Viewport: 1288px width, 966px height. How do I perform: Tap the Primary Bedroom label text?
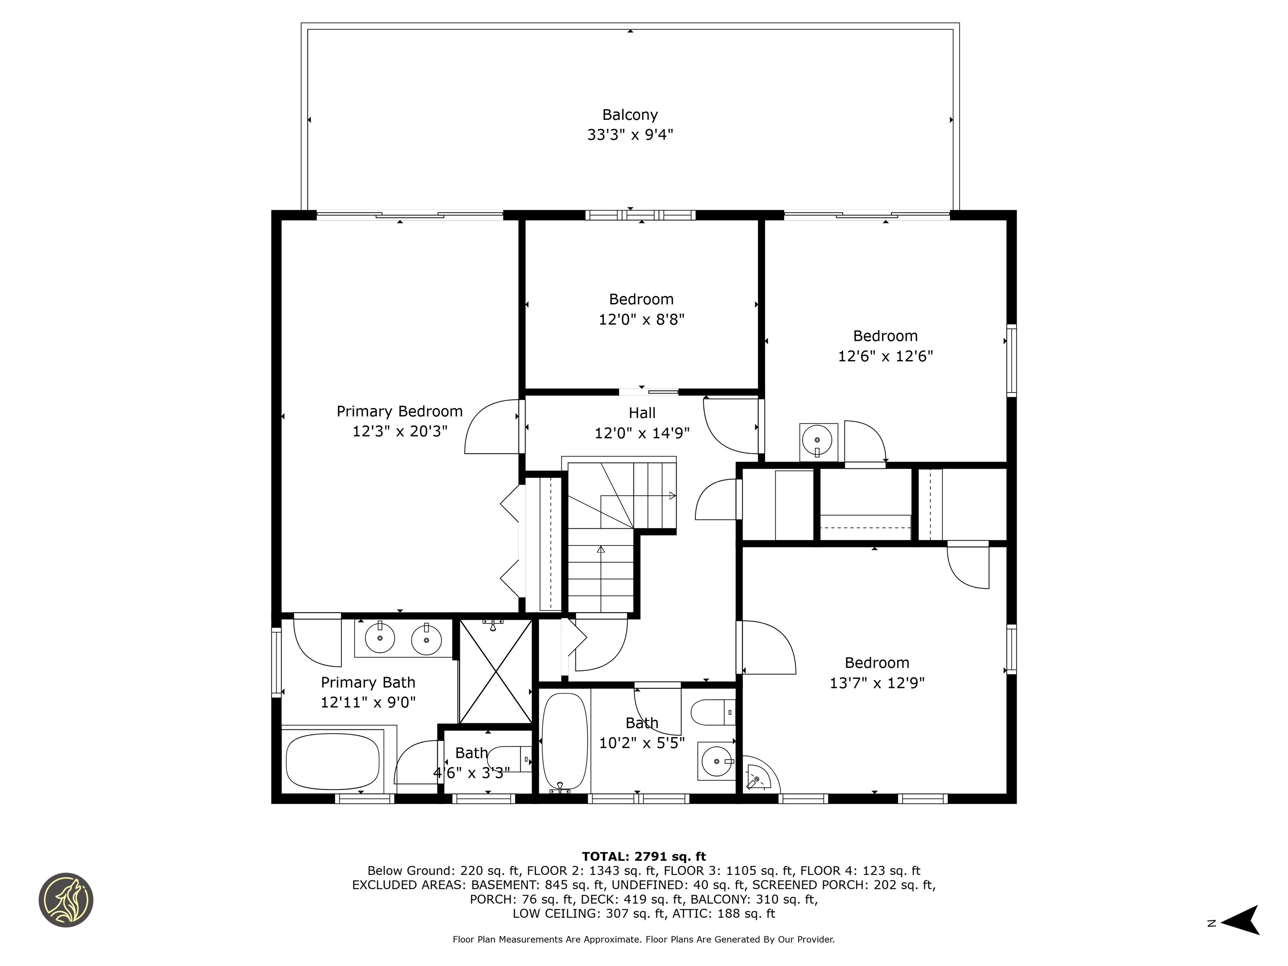click(400, 412)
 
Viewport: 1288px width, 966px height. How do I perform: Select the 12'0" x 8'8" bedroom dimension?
click(641, 319)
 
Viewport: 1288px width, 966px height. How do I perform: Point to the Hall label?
click(641, 413)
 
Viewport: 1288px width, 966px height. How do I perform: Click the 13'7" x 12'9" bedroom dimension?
click(877, 683)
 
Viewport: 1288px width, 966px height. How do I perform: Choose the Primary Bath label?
click(368, 683)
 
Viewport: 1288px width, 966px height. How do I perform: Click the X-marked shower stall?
click(496, 671)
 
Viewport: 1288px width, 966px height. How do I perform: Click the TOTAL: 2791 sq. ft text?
click(644, 857)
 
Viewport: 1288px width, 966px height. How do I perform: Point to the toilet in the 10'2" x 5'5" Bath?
click(712, 712)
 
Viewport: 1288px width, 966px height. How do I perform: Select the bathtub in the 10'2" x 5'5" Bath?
click(564, 741)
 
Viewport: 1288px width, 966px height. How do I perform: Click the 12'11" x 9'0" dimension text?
click(368, 702)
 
